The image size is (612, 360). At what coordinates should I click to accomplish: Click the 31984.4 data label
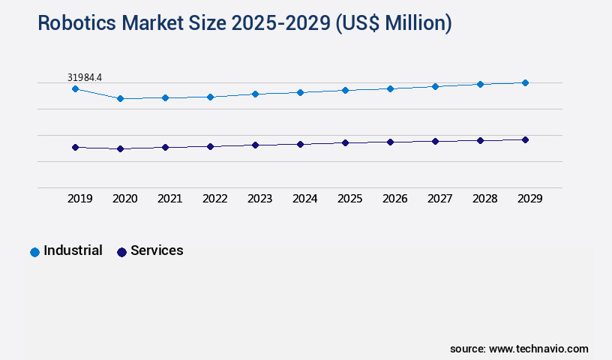pyautogui.click(x=84, y=77)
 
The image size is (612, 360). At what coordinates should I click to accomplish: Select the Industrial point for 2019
pyautogui.click(x=75, y=88)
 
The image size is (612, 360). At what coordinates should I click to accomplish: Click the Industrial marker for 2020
pyautogui.click(x=120, y=98)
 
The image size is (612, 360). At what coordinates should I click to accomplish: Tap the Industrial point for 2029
pyautogui.click(x=525, y=82)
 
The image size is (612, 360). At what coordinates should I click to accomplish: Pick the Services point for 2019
pyautogui.click(x=75, y=147)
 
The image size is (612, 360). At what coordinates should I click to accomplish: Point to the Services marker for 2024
pyautogui.click(x=300, y=144)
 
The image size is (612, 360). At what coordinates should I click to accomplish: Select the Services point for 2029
pyautogui.click(x=525, y=139)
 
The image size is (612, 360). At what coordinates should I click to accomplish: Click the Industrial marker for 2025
pyautogui.click(x=345, y=90)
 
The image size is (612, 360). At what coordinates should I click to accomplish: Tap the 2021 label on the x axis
pyautogui.click(x=169, y=199)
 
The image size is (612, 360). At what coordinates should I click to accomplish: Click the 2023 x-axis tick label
pyautogui.click(x=259, y=199)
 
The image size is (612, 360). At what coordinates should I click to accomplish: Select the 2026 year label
pyautogui.click(x=394, y=199)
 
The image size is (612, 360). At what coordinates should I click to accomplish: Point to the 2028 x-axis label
pyautogui.click(x=484, y=199)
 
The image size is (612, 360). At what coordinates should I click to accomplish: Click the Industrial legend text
pyautogui.click(x=73, y=250)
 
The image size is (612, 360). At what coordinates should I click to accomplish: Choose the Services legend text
pyautogui.click(x=157, y=250)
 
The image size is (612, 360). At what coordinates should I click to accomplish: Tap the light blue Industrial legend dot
pyautogui.click(x=34, y=252)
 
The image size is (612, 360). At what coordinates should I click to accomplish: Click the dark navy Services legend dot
pyautogui.click(x=121, y=252)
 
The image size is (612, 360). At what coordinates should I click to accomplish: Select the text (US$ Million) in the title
pyautogui.click(x=394, y=23)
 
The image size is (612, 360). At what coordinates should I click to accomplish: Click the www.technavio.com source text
pyautogui.click(x=538, y=349)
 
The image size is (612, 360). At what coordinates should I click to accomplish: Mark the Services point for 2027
pyautogui.click(x=435, y=141)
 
